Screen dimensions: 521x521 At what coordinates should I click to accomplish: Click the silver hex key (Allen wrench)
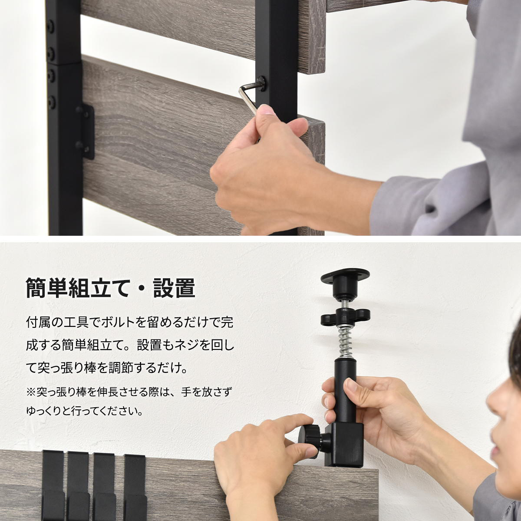[x=247, y=98]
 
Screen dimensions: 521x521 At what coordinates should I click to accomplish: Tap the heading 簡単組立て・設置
[x=110, y=287]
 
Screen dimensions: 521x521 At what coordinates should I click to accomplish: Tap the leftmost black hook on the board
[x=53, y=482]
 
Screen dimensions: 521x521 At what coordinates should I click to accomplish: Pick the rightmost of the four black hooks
[x=134, y=482]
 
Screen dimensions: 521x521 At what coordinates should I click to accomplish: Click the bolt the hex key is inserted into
[x=262, y=83]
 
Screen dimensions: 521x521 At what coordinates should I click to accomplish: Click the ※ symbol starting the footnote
[x=31, y=392]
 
